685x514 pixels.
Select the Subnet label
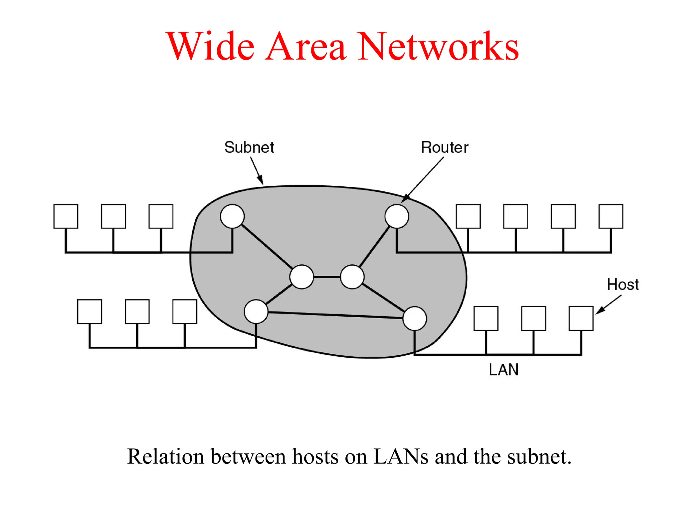click(x=249, y=147)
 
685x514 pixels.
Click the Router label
click(x=445, y=147)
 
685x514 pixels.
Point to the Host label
click(x=623, y=285)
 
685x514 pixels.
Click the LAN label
click(x=503, y=370)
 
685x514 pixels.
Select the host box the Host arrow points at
click(x=581, y=318)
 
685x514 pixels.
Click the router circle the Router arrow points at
click(x=397, y=216)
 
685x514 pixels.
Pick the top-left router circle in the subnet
click(x=232, y=216)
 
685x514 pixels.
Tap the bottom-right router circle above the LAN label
click(x=414, y=318)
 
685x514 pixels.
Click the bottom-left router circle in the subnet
click(x=256, y=311)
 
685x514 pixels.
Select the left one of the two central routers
click(x=302, y=277)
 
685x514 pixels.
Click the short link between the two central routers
click(x=327, y=277)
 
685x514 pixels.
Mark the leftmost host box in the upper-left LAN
click(x=66, y=216)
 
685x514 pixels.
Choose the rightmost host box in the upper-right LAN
click(x=611, y=216)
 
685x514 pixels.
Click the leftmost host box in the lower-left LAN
click(x=89, y=311)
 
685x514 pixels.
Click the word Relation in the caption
click(x=165, y=456)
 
